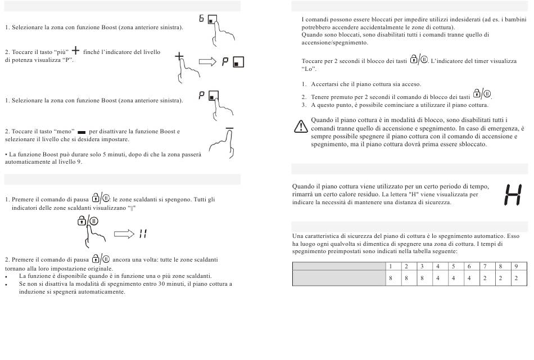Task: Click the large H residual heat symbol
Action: click(513, 195)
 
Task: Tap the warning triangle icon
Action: click(301, 126)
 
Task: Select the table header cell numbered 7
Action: click(485, 266)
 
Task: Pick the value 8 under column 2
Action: click(406, 278)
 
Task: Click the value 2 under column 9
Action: click(516, 278)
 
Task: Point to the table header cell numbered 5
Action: click(453, 266)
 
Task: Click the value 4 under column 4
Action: click(438, 278)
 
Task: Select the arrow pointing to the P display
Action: click(207, 62)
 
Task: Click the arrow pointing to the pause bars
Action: click(124, 234)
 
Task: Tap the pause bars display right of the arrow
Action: click(143, 234)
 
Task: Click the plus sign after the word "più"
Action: click(76, 51)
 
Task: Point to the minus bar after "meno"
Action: click(82, 132)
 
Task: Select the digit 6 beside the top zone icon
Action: click(201, 19)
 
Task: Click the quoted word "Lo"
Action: click(309, 69)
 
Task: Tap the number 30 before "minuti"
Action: click(162, 283)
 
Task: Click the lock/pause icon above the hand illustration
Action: click(88, 221)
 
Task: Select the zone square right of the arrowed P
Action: click(238, 62)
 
